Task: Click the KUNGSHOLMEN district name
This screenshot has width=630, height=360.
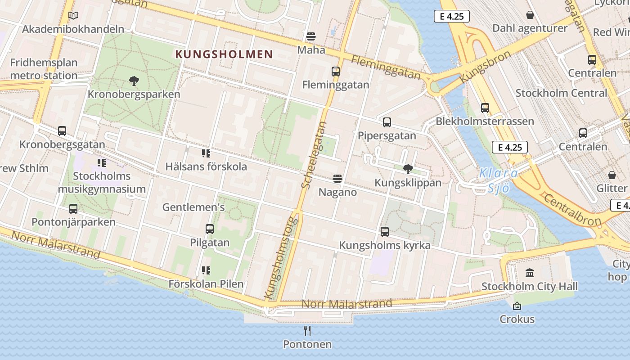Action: (224, 54)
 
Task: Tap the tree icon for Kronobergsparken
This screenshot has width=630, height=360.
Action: (134, 81)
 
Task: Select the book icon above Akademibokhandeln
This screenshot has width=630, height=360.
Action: (73, 16)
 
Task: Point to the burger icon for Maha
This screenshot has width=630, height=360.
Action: (311, 36)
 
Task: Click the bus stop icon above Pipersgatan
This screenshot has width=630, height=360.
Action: (387, 122)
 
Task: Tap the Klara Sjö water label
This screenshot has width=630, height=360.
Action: (499, 180)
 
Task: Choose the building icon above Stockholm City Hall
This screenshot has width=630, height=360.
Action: (530, 273)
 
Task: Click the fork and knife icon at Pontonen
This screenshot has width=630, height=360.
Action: (307, 331)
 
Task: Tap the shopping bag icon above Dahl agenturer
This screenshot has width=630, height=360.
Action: (530, 15)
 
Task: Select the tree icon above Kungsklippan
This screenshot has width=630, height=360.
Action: (408, 169)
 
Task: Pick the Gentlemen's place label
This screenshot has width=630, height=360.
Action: (193, 207)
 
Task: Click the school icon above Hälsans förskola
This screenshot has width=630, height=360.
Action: (206, 153)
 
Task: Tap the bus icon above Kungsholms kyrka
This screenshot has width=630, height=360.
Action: (385, 232)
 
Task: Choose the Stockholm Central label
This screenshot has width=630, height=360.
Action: (561, 93)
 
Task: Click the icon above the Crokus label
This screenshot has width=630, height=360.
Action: (517, 306)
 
